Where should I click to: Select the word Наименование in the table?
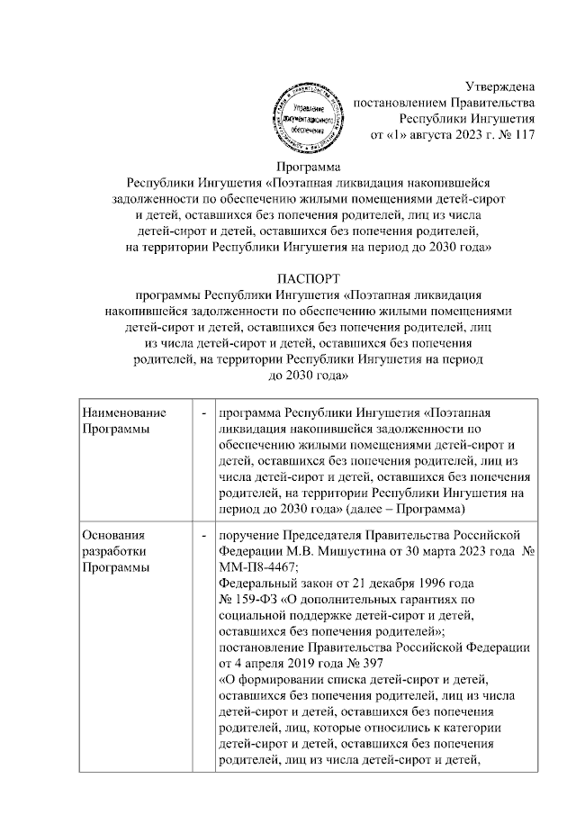(x=124, y=412)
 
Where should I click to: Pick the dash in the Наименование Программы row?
(x=205, y=412)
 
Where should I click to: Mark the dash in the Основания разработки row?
(x=205, y=534)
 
